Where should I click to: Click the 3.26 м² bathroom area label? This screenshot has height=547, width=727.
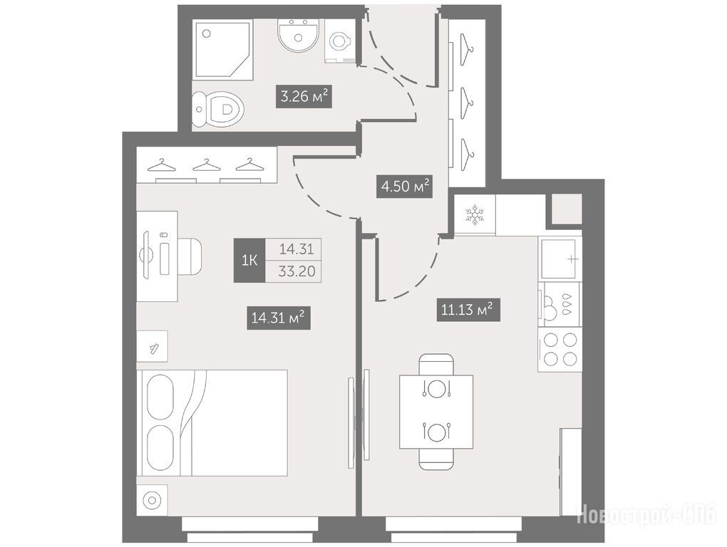pos(304,96)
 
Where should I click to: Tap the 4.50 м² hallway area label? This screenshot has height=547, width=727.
pos(404,186)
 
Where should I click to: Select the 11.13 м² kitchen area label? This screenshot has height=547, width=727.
pos(468,309)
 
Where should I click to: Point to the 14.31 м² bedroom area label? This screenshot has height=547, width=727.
pos(278,318)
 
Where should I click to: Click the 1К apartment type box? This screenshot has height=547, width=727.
pos(249,260)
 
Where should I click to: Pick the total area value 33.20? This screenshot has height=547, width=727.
pos(297,271)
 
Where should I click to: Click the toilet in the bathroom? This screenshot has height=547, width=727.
pos(218,109)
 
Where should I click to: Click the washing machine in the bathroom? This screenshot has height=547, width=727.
pos(341,41)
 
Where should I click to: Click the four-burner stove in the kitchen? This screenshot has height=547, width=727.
pos(560,349)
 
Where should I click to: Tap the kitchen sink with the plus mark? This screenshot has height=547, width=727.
pos(559,259)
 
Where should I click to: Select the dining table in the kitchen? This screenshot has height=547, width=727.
pos(435,412)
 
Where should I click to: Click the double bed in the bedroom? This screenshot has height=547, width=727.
pos(212,423)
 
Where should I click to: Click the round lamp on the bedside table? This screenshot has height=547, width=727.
pos(152,500)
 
